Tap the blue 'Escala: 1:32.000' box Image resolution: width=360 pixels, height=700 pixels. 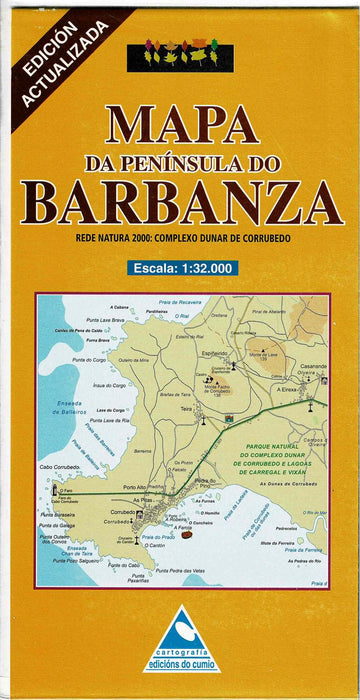pos(180,267)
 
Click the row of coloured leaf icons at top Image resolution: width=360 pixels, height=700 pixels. pos(179,56)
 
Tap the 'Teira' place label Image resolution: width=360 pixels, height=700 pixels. pos(186,408)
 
